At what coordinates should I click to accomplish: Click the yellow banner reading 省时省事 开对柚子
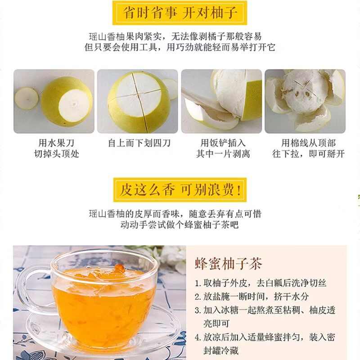coord(180,13)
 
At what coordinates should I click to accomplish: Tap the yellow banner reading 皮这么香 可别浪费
coord(180,190)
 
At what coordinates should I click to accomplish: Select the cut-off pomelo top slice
coord(27,99)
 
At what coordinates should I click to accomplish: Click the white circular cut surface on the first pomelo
coord(74,105)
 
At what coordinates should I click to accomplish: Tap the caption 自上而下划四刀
coord(139,143)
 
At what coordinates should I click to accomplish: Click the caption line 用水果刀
coord(56,143)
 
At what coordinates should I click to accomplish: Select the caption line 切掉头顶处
coord(57,153)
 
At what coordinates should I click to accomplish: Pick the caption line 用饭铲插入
coord(223,143)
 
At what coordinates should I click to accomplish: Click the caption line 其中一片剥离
coord(223,153)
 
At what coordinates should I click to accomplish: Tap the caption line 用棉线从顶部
coord(308,143)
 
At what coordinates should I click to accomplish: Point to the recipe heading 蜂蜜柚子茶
coord(229,264)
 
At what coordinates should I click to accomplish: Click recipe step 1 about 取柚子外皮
coord(261,283)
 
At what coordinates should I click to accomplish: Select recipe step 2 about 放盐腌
coord(252,297)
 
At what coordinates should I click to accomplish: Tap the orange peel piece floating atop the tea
coord(119,269)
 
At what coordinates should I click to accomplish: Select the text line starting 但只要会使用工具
coord(180,47)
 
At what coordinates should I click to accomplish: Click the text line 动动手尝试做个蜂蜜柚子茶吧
coord(180,224)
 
